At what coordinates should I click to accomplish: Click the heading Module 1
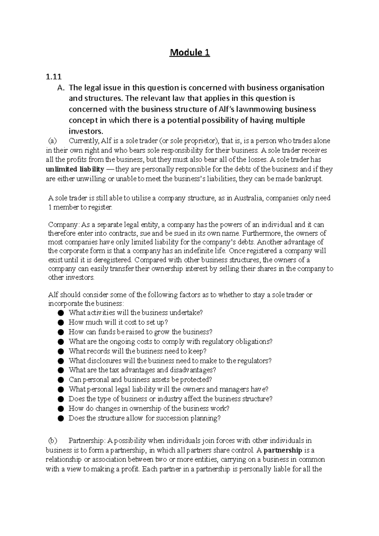click(189, 52)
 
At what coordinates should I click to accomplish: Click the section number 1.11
click(53, 77)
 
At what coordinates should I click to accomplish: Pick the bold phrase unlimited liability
click(75, 170)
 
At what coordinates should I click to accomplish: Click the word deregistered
click(114, 260)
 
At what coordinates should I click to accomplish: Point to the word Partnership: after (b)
click(86, 441)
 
